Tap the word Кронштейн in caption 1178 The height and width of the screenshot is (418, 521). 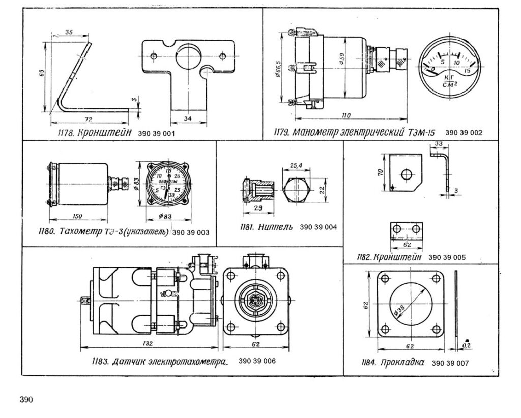pos(108,133)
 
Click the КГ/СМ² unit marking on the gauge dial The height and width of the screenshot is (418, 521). pos(449,81)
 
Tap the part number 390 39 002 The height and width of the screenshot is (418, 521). pos(464,133)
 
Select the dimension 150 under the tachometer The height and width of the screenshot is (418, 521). pos(77,217)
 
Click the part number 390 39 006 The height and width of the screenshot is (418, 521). pos(256,361)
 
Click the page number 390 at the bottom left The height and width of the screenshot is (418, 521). pos(26,399)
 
